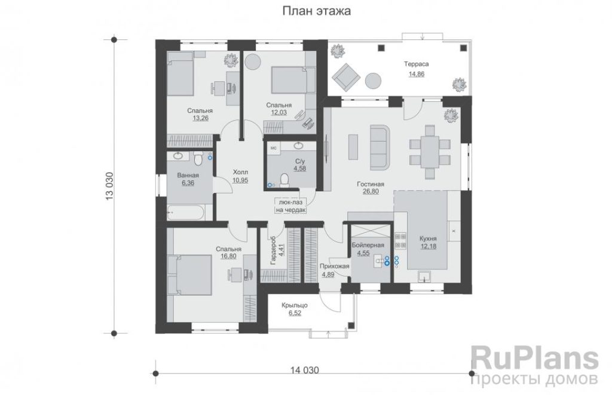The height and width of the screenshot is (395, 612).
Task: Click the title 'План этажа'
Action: [x=317, y=11]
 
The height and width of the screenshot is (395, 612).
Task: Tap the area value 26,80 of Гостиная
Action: [x=371, y=192]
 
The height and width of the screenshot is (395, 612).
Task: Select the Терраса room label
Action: [x=416, y=64]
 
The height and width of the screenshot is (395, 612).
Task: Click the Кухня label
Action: [x=428, y=238]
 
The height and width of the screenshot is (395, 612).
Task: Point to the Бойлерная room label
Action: [x=368, y=245]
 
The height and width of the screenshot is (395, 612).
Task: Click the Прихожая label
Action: [x=334, y=266]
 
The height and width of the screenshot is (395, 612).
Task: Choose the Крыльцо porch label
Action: [x=295, y=305]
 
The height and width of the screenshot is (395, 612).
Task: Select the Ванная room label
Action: [x=188, y=175]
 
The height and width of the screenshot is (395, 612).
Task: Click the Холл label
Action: [x=240, y=172]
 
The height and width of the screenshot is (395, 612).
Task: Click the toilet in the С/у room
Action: [x=285, y=180]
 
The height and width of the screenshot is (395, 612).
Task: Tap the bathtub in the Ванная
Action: [x=185, y=212]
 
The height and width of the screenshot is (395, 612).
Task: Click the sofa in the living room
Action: [x=380, y=147]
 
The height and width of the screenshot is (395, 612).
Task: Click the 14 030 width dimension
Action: [x=304, y=370]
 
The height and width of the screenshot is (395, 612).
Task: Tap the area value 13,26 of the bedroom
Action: [x=201, y=118]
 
